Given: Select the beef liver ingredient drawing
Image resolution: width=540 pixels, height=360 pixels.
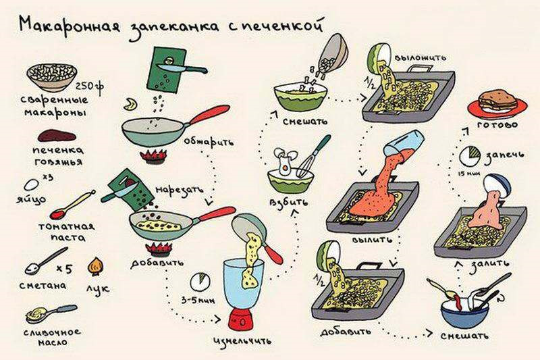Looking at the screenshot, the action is [57, 136].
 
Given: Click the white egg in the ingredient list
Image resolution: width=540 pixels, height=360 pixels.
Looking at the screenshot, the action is [31, 185].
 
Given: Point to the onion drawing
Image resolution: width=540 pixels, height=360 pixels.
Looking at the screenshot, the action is [95, 266].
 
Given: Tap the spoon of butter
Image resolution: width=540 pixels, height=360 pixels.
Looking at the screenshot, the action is [51, 313].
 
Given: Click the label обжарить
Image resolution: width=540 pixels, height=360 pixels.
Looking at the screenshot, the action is [209, 142].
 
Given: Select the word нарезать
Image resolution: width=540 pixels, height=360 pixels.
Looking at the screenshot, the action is [180, 190].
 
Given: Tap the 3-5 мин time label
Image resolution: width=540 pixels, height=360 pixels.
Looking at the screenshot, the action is [198, 301].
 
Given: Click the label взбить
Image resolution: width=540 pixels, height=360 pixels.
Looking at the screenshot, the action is [289, 203].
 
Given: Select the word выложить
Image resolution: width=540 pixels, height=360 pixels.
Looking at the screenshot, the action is [420, 57].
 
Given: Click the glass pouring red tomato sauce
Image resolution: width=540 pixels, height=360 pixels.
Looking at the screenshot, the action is [404, 143].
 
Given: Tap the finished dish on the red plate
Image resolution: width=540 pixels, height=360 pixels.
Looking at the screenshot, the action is [497, 101].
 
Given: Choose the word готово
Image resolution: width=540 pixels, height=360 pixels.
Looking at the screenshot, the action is [497, 125].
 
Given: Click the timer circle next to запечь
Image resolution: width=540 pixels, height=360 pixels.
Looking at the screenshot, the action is [470, 156].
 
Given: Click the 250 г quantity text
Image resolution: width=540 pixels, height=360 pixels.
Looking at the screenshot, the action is [90, 86].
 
